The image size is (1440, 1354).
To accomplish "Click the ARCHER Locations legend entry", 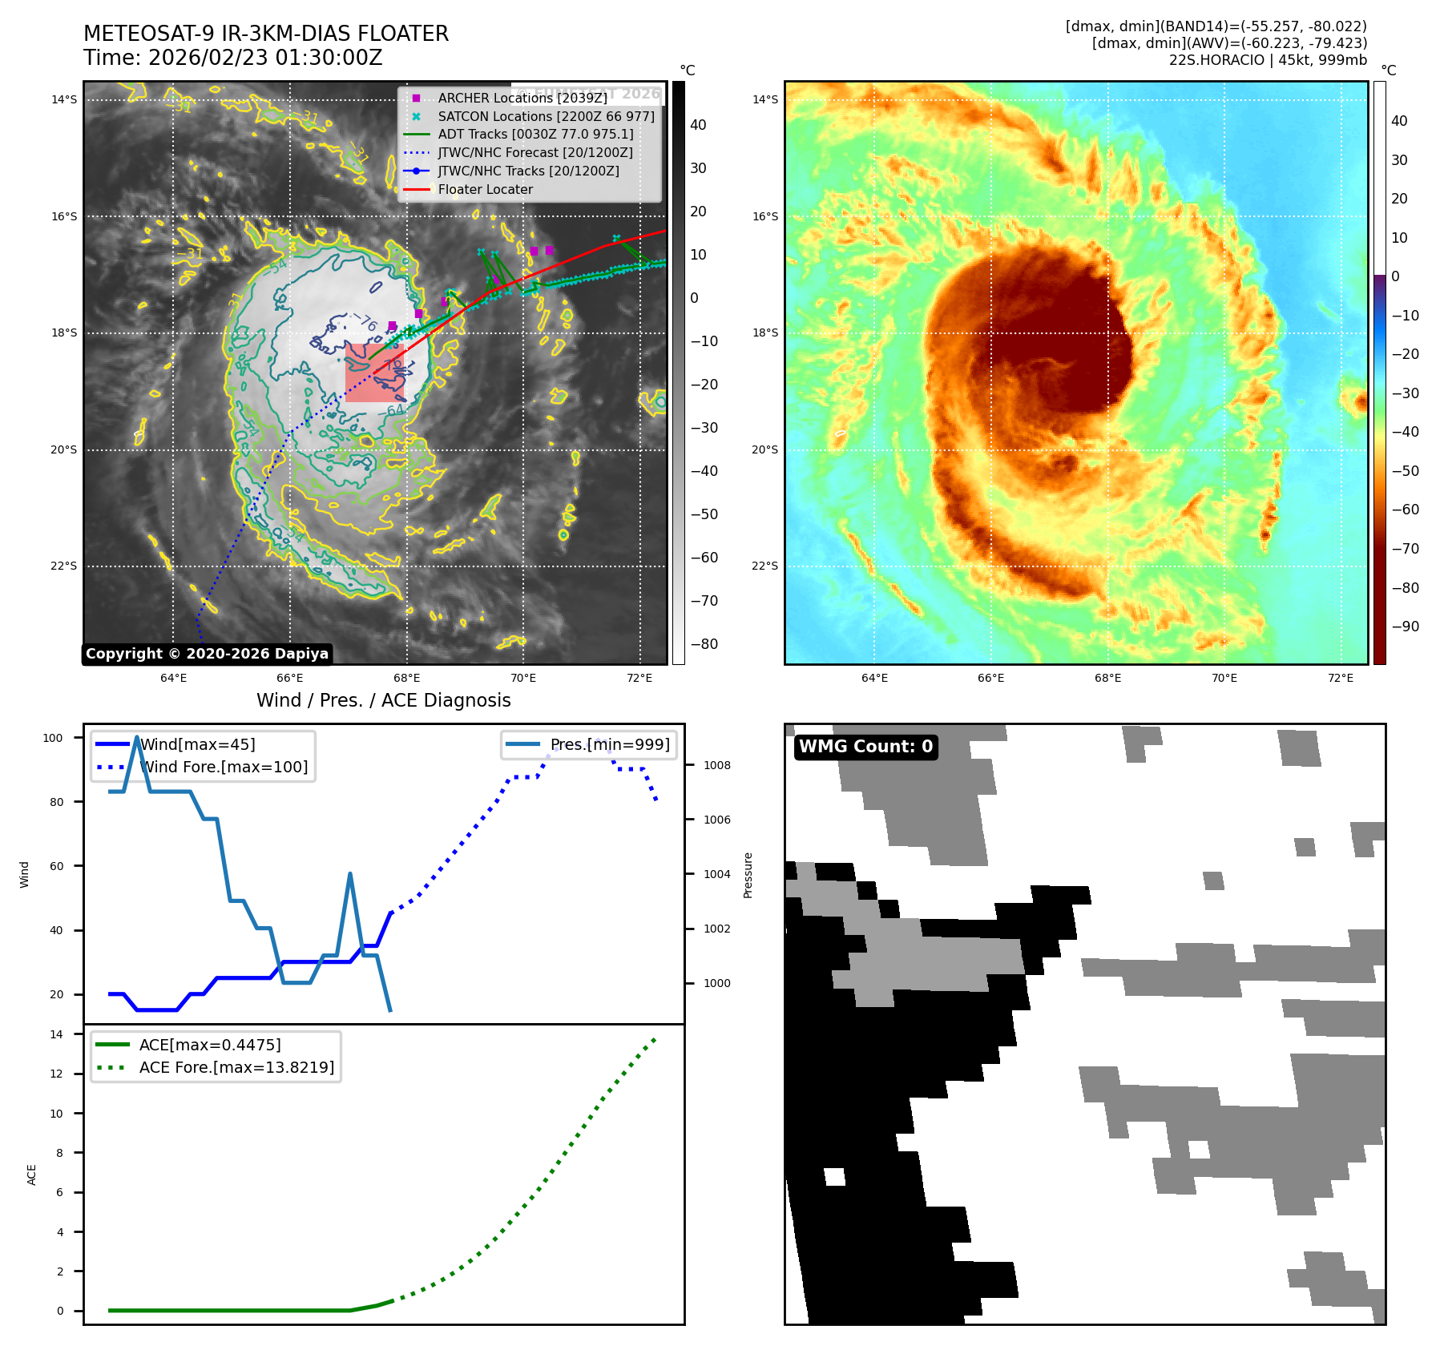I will click(522, 98).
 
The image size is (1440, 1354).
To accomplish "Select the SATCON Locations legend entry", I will click(546, 116).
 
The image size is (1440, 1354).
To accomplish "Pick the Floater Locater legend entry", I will click(485, 189).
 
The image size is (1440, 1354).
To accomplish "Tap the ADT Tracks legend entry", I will click(535, 135).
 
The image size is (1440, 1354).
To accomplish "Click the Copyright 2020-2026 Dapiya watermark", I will click(207, 654).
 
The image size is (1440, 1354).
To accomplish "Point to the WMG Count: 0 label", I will click(865, 747).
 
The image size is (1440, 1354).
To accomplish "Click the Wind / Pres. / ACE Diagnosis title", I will click(383, 700).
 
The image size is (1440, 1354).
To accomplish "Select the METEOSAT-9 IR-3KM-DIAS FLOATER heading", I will click(266, 34).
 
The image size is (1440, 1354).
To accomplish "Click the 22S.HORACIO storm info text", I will click(1267, 60).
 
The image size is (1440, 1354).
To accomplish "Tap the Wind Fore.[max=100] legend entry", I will click(224, 767).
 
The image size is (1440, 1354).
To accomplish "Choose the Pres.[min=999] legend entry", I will click(609, 744).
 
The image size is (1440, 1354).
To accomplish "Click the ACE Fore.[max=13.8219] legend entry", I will click(236, 1067).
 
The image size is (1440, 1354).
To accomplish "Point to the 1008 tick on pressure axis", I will click(717, 765).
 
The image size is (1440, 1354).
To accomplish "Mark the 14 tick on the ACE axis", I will click(56, 1034).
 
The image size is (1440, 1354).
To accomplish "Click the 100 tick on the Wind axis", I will click(53, 738).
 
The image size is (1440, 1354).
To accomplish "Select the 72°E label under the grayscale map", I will click(639, 678).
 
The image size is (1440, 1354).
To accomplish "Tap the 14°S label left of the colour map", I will click(764, 99).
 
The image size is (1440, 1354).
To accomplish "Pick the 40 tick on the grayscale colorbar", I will click(698, 125).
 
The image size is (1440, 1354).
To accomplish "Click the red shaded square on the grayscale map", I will click(374, 373).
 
